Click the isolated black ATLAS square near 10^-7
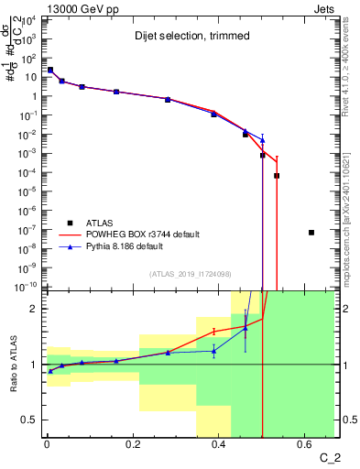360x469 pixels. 311,233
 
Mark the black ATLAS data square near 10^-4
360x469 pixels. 277,175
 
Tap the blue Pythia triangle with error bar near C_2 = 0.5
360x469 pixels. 262,140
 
